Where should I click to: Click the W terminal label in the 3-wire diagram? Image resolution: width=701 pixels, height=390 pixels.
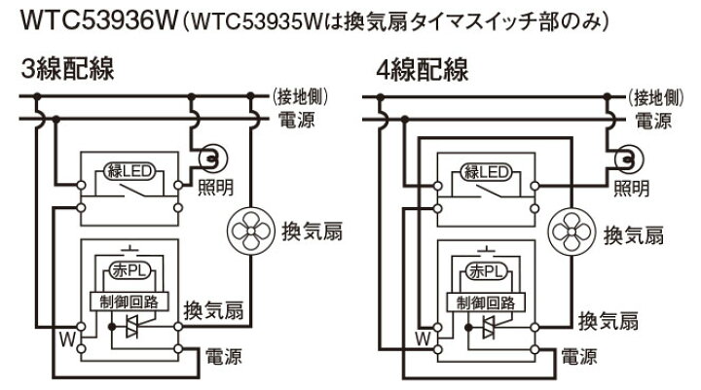[x=66, y=339]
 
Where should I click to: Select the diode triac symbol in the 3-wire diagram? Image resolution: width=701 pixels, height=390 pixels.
[x=139, y=329]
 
